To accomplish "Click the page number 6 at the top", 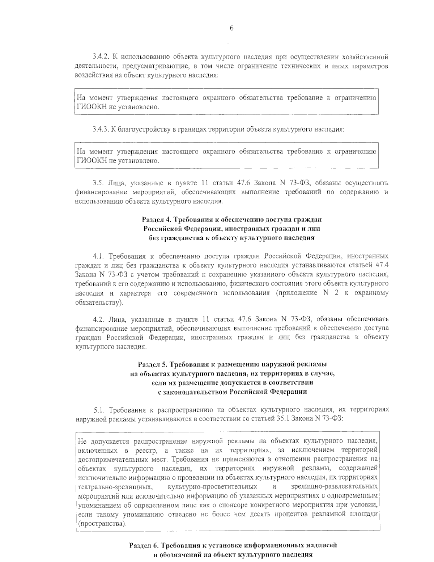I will click(231, 29).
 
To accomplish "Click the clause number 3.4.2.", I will click(101, 57).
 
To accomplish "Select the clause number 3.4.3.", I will click(101, 130).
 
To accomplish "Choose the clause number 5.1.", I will click(100, 410).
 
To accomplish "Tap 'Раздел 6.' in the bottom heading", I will click(143, 545).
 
